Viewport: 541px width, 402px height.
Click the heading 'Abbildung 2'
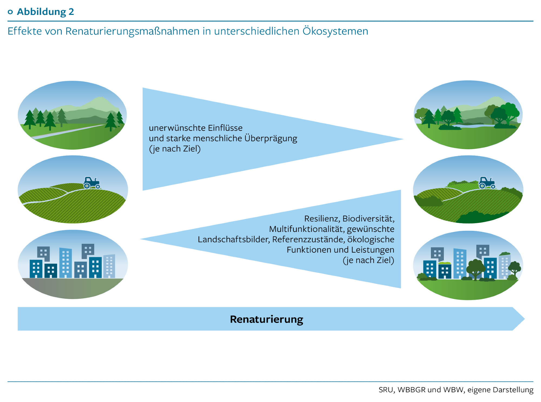click(x=45, y=12)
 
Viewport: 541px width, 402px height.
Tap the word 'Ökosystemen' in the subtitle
click(x=335, y=31)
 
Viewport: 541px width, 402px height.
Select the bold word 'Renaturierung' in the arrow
click(x=266, y=319)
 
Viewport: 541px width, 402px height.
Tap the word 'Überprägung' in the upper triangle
click(x=271, y=138)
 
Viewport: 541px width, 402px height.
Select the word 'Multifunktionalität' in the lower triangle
click(x=306, y=229)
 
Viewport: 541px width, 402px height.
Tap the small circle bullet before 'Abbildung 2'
click(x=10, y=12)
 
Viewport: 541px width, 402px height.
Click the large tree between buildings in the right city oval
click(x=475, y=268)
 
